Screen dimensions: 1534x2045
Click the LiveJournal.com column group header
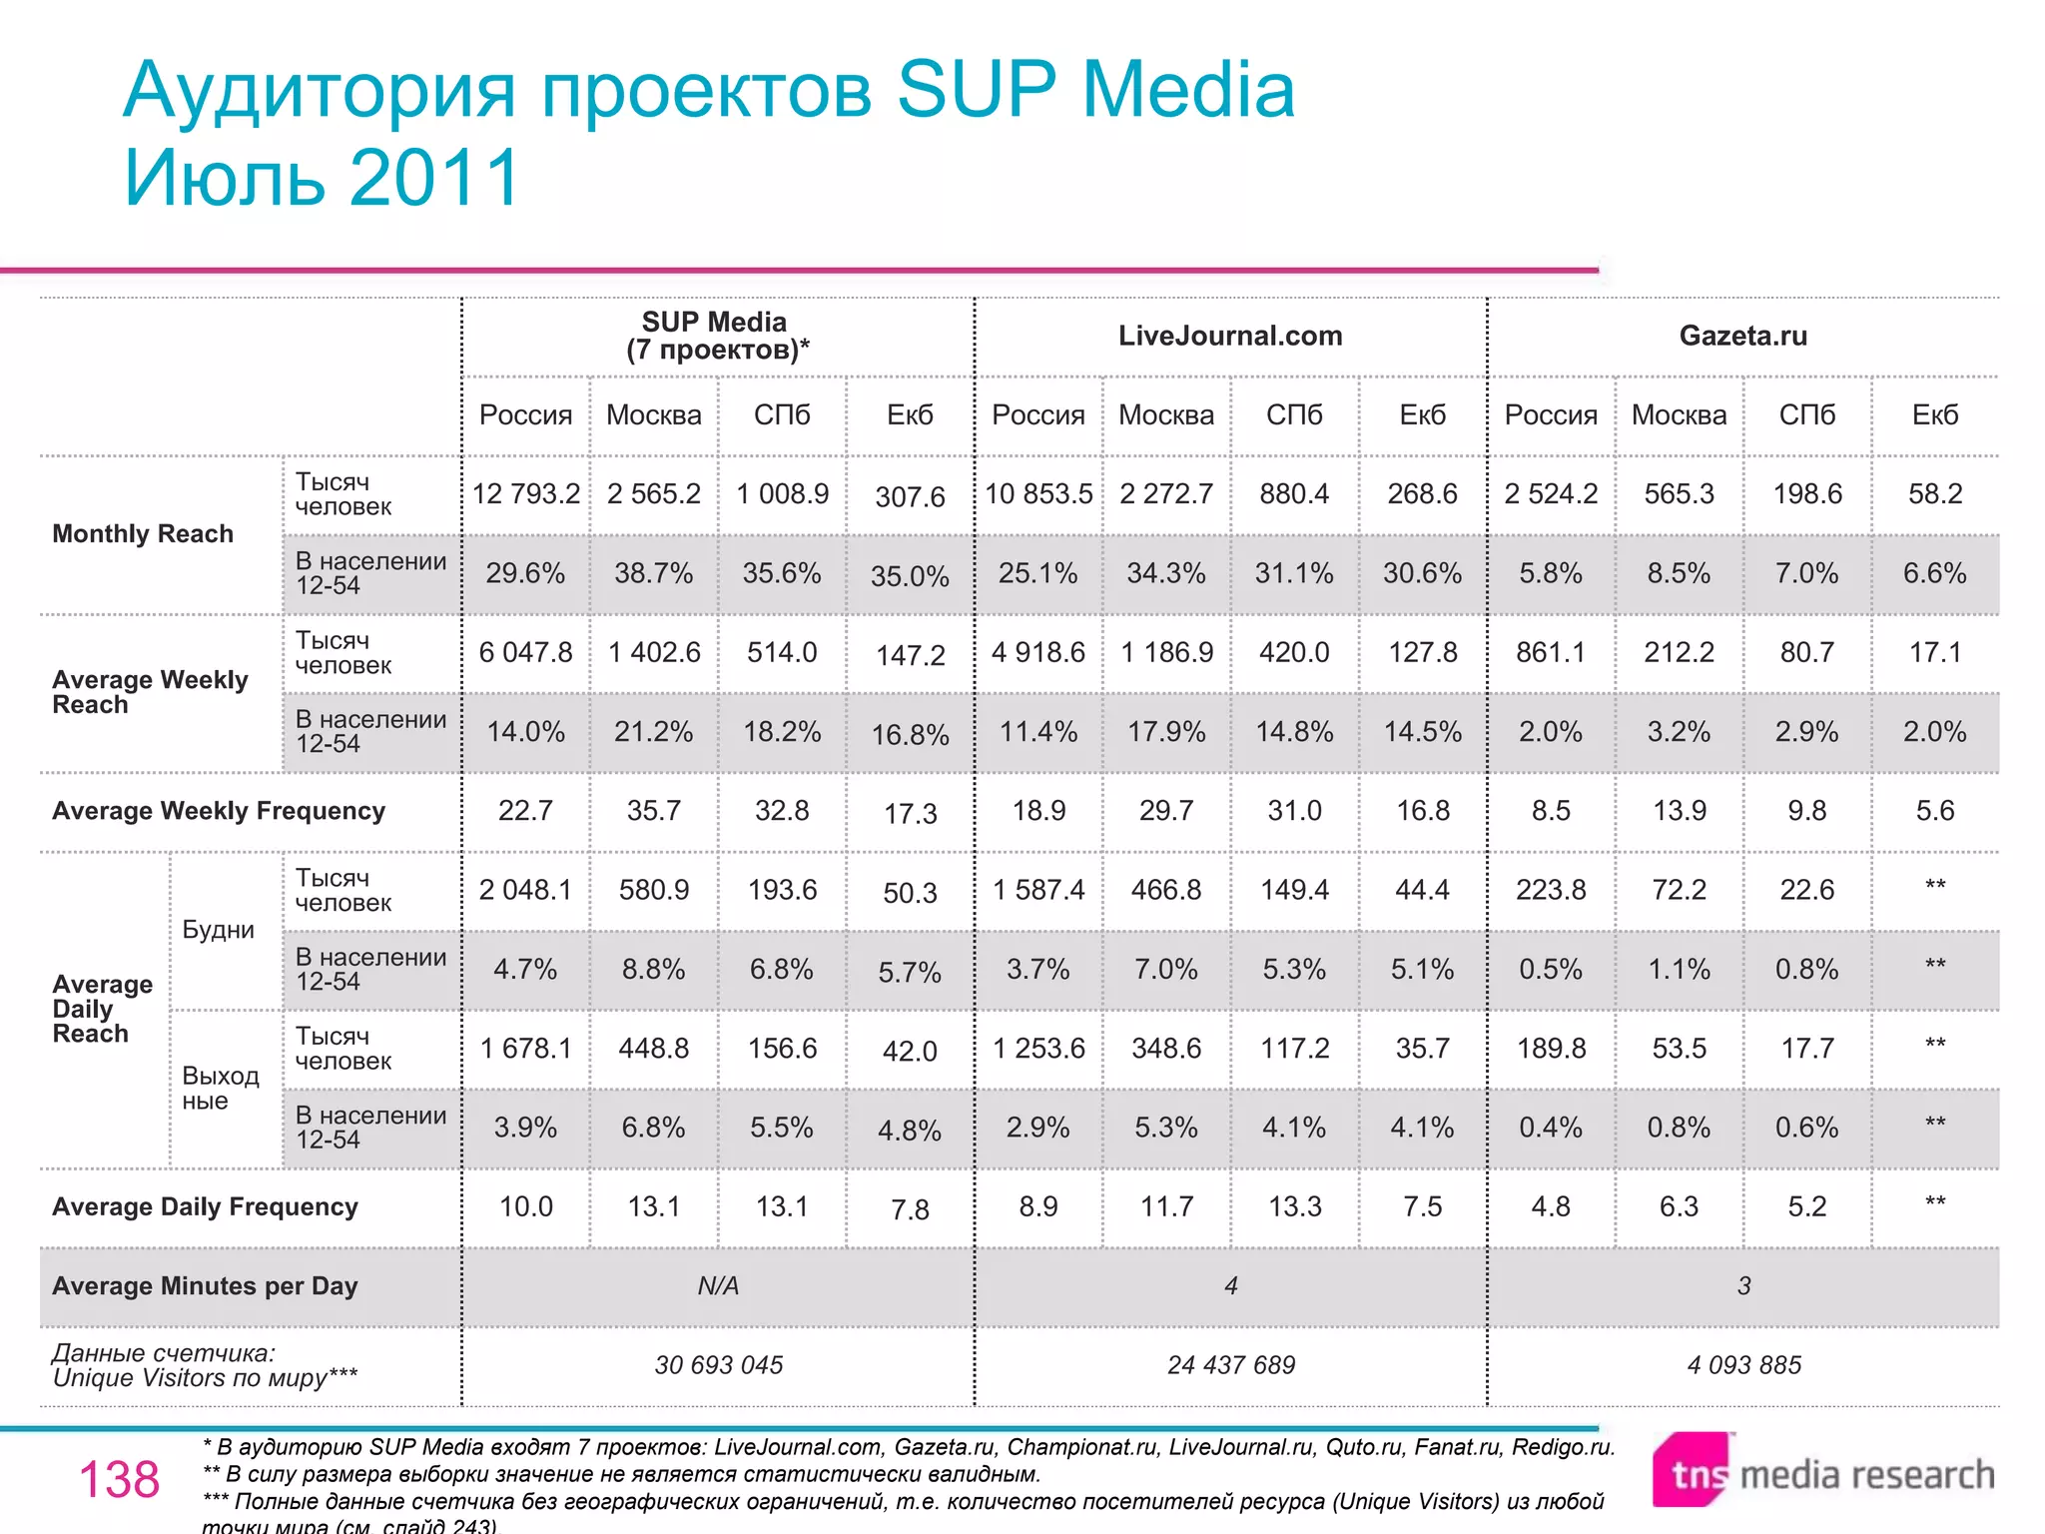pos(1230,336)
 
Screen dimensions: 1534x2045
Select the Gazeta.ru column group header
pos(1742,336)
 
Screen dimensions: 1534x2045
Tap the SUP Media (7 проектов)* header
pos(717,336)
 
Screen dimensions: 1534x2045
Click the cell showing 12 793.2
pos(525,493)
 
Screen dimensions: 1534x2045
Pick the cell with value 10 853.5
pos(1038,493)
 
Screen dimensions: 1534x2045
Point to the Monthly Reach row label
pos(143,534)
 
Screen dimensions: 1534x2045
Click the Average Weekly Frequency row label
pos(219,811)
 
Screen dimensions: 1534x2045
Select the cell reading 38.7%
pos(653,573)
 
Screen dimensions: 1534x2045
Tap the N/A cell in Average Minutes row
pos(718,1286)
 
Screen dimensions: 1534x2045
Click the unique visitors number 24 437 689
pos(1230,1365)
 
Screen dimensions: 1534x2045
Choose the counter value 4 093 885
pos(1743,1365)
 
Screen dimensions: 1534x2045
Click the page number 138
pos(119,1479)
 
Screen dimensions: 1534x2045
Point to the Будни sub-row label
pos(218,930)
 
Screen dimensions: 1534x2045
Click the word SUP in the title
pos(976,90)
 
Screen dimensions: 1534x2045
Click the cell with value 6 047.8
pos(525,652)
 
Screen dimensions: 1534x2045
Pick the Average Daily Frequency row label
pos(205,1206)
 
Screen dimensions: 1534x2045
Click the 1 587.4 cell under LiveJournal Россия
pos(1038,890)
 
